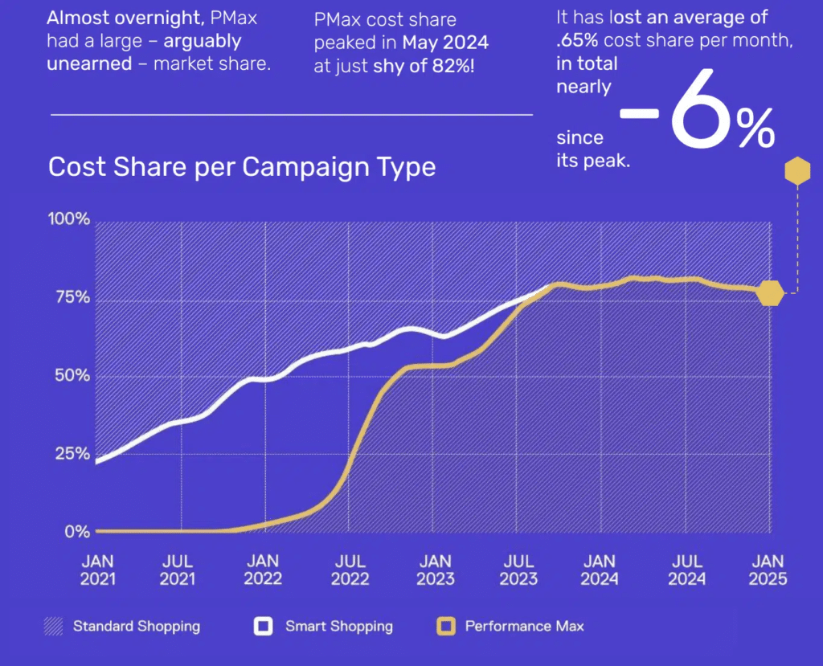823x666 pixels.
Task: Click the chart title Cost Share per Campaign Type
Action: click(x=242, y=167)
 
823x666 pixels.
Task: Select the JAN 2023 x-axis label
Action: click(x=436, y=570)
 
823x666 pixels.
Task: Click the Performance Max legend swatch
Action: click(x=445, y=626)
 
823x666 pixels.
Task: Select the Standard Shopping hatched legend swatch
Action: click(x=53, y=626)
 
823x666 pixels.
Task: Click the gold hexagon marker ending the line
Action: click(x=770, y=294)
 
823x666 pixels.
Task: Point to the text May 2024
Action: click(x=445, y=41)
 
